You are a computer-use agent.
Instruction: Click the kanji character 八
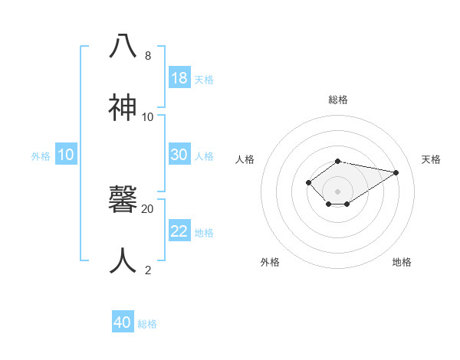point(123,47)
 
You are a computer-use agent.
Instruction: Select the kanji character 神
point(123,108)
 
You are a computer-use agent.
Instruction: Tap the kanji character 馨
point(123,201)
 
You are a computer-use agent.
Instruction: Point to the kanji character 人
point(123,261)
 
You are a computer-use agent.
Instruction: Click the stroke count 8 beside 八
point(148,56)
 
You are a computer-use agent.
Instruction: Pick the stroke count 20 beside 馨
point(148,208)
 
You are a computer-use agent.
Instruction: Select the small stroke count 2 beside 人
point(148,270)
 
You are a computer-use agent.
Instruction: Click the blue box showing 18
point(179,78)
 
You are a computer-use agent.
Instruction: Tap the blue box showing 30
point(179,155)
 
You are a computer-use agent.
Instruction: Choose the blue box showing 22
point(179,231)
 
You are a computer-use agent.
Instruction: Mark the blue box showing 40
point(123,322)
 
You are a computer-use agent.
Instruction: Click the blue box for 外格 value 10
point(66,155)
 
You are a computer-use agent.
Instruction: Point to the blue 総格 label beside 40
point(147,324)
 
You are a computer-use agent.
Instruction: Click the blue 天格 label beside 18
point(204,80)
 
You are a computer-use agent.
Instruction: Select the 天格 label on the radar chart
point(431,159)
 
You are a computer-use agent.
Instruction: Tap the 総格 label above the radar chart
point(338,100)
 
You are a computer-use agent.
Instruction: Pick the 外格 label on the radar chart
point(270,262)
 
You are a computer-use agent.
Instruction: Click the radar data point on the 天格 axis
point(396,172)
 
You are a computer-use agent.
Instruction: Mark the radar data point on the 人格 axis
point(308,182)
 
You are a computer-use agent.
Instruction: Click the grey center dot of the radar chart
point(338,191)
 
